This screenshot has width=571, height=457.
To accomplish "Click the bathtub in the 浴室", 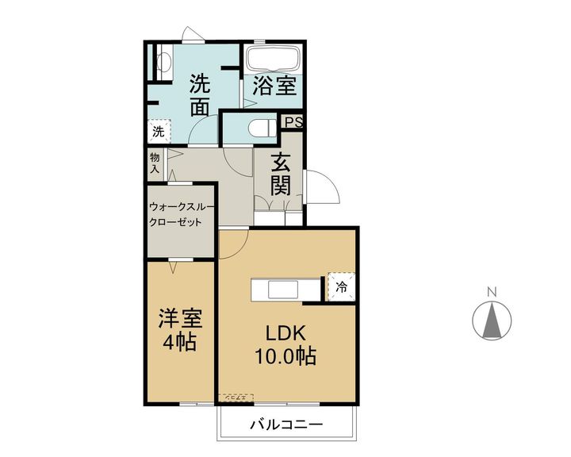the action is coord(273,57).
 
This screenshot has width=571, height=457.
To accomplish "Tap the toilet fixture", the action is coord(262,128).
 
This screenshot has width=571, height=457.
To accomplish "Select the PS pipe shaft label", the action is coord(293,121).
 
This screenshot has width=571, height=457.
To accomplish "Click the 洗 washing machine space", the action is coord(159,131).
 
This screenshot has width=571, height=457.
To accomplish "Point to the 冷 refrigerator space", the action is coord(341,286).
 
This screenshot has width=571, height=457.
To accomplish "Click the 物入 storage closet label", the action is coord(155,163).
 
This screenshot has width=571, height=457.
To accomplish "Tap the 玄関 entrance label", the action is coord(281,175).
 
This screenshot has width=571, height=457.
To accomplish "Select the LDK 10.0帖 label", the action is coord(285,344).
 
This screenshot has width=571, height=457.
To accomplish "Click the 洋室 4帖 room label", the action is coord(180,329).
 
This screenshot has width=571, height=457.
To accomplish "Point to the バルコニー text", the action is coord(286,424).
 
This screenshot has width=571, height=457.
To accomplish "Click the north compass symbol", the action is coord(492,321).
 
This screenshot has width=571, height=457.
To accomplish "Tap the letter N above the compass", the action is coord(492,291).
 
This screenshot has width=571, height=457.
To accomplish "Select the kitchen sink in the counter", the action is coord(283,290).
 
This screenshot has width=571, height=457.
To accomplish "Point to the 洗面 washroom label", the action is coord(200,94).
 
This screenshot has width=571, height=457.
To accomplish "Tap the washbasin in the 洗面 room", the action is coord(164,61).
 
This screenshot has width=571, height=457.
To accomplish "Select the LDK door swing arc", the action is coord(234,243).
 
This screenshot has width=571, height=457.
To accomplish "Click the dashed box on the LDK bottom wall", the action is coord(236,397).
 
